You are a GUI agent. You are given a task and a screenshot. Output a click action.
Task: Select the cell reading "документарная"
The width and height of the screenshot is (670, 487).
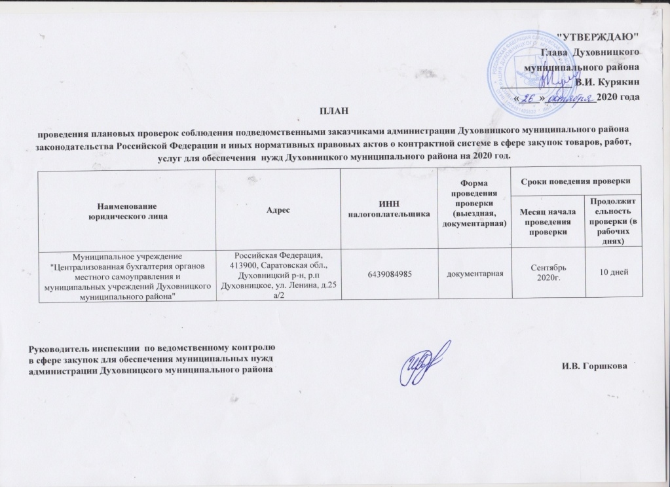[x=475, y=272]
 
